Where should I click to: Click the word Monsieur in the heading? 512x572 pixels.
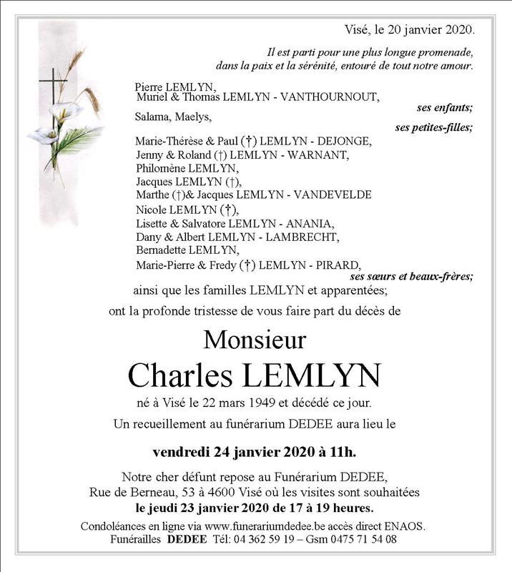[255, 338]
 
